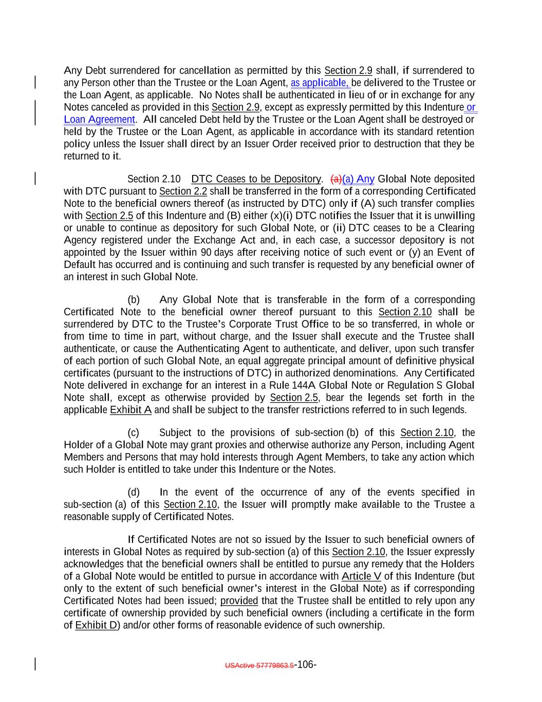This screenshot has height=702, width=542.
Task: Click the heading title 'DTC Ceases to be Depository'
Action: (x=255, y=179)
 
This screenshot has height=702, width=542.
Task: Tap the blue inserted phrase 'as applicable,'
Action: (x=321, y=83)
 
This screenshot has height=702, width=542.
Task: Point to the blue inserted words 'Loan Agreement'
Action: (x=99, y=120)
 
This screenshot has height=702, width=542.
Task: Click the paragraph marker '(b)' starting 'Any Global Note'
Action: (x=134, y=300)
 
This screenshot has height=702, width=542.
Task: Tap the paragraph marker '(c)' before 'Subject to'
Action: (x=134, y=433)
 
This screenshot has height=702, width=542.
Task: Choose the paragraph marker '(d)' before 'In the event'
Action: (x=134, y=492)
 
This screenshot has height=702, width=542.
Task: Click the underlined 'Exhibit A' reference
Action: (x=130, y=410)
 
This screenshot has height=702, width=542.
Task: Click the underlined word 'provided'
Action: (x=239, y=601)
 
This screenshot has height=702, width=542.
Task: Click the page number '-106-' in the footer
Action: (x=306, y=664)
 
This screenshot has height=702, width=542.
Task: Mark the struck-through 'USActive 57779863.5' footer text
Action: (x=259, y=665)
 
